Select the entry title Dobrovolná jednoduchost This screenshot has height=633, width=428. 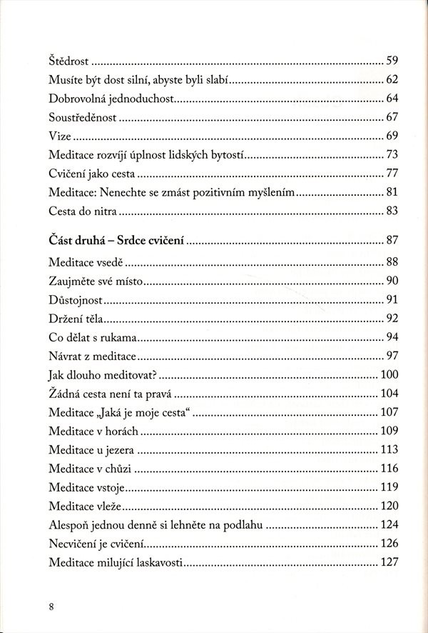[111, 99]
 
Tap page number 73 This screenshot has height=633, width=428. [391, 155]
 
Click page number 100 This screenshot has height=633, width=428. [388, 374]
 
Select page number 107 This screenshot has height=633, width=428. [388, 413]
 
